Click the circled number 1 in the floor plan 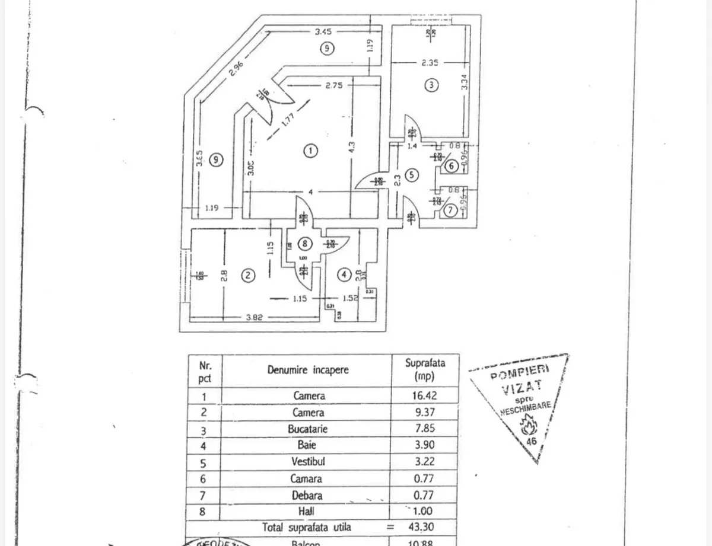point(310,151)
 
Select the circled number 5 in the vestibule point(413,175)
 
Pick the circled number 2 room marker point(248,275)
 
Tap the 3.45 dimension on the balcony point(323,31)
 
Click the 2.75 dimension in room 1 point(334,85)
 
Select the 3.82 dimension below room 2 point(254,317)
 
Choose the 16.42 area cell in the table point(425,395)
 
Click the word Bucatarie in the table point(309,429)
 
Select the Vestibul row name point(309,461)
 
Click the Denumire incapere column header point(308,370)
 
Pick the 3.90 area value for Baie point(425,445)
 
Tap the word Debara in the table point(309,495)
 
